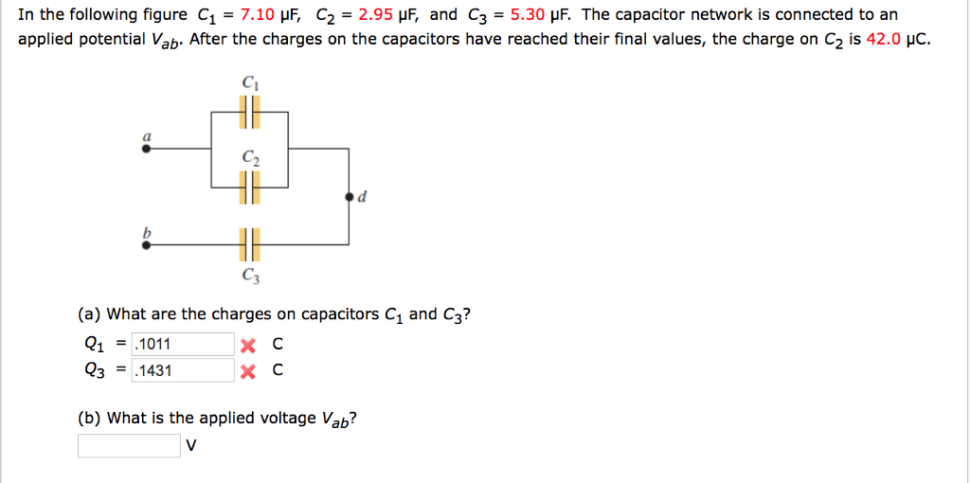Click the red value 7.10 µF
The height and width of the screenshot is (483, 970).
[273, 15]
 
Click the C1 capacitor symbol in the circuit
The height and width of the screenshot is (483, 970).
[249, 116]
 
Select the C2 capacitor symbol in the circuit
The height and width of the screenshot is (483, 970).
[249, 191]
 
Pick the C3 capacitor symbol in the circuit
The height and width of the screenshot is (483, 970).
[249, 244]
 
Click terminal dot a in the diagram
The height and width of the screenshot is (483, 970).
[145, 149]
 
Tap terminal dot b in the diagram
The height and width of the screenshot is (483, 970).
[145, 244]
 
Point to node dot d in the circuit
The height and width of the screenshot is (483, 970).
[350, 197]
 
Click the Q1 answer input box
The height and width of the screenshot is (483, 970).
[182, 345]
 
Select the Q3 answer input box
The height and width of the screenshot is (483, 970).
[182, 370]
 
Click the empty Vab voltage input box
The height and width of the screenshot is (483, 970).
[129, 445]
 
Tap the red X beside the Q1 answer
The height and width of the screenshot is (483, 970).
[247, 346]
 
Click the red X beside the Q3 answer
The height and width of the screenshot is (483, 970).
[247, 371]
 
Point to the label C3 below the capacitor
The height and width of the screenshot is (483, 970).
[249, 277]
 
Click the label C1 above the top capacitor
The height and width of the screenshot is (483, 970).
[249, 83]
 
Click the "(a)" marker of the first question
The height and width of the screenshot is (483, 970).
[89, 314]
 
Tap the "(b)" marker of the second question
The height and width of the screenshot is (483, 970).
[89, 418]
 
